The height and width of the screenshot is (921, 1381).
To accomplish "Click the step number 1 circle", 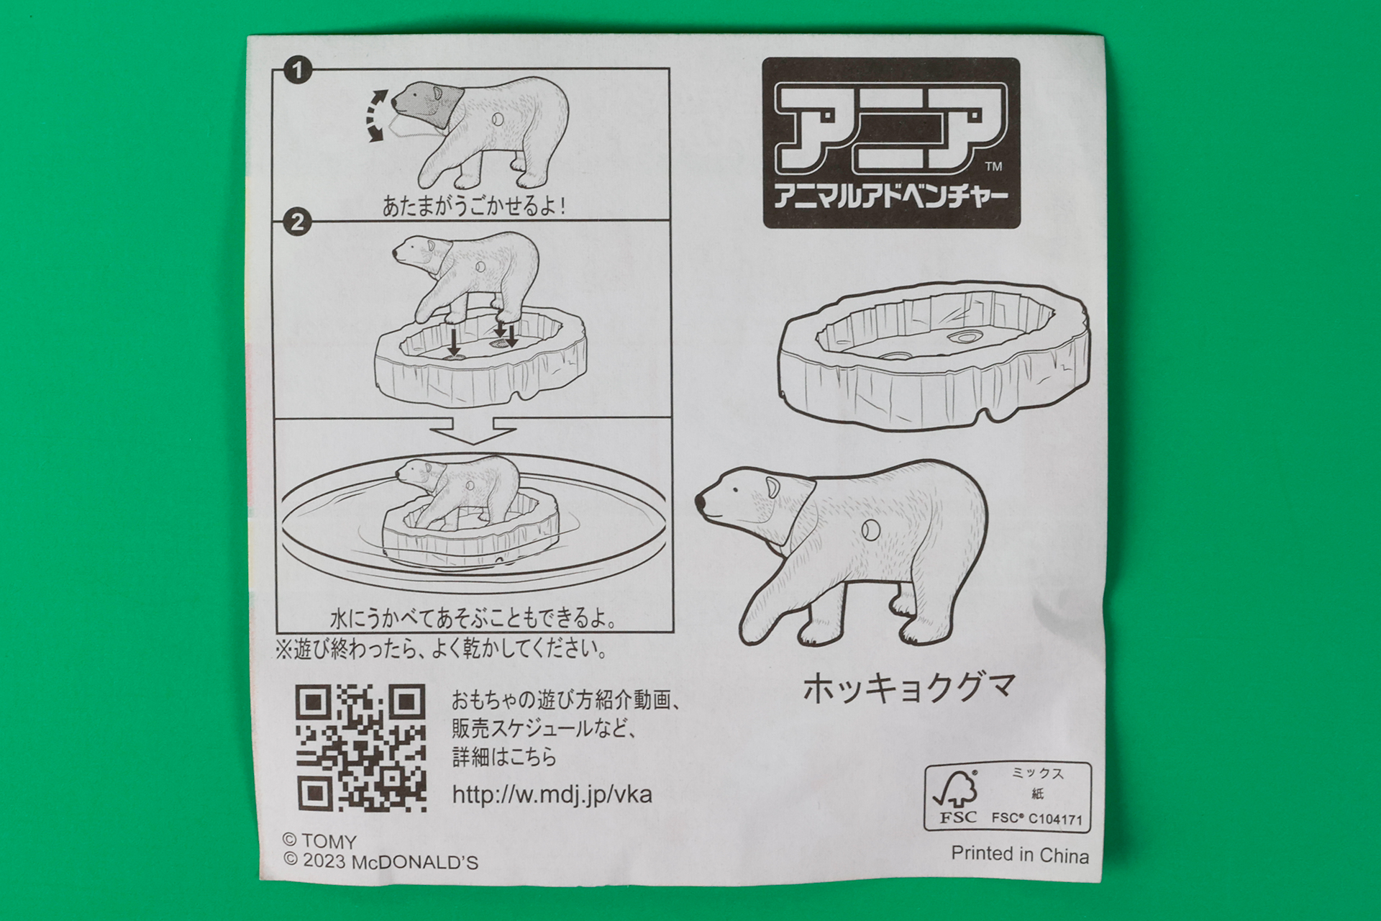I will click(x=297, y=71).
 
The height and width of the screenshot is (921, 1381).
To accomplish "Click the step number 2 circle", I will click(x=297, y=222).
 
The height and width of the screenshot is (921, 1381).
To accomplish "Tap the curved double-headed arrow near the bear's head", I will click(x=377, y=115).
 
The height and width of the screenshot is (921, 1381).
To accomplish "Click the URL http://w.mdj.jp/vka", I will click(x=552, y=794).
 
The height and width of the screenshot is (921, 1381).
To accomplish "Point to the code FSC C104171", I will click(x=1036, y=818).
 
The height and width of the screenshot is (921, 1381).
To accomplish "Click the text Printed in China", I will click(x=1019, y=855).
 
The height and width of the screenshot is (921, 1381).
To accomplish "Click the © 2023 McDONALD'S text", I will click(x=380, y=861).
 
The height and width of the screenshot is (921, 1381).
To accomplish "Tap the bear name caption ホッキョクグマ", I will click(x=909, y=688).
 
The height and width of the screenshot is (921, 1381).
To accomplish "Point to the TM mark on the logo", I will click(x=993, y=167).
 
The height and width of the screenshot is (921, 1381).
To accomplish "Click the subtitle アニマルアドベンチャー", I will click(x=890, y=196).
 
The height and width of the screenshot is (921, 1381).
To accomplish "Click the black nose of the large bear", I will click(x=701, y=502).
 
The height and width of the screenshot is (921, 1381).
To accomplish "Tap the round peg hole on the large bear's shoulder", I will click(x=870, y=530).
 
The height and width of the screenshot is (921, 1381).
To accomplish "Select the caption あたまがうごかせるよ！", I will click(x=474, y=207).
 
